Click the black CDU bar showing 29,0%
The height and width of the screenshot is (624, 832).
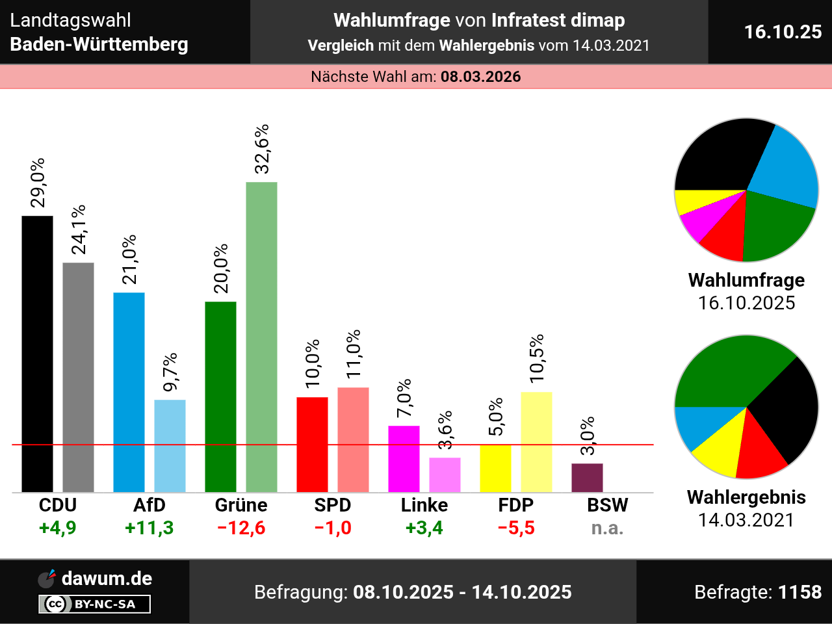(37, 354)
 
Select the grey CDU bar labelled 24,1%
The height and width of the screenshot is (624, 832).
(78, 377)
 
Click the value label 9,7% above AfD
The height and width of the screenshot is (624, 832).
(170, 372)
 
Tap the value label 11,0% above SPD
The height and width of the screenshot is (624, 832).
(353, 354)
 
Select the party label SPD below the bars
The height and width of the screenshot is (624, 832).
(332, 505)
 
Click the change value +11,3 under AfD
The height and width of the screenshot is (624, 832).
(149, 528)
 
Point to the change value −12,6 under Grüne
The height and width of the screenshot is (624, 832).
(241, 528)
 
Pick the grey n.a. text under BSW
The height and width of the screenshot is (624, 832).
(607, 528)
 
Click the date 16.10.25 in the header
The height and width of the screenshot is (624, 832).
(783, 32)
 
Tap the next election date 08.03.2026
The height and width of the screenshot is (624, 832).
(480, 77)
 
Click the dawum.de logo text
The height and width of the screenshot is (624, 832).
(107, 578)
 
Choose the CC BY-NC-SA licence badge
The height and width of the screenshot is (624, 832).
(95, 604)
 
